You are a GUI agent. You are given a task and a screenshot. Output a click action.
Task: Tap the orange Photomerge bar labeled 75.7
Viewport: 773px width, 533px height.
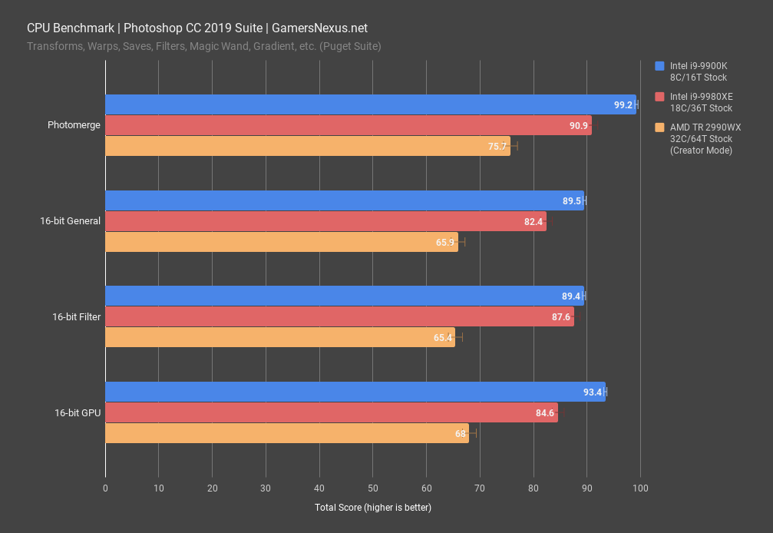pos(307,146)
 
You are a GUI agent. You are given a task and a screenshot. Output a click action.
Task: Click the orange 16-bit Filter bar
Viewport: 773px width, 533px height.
pos(279,337)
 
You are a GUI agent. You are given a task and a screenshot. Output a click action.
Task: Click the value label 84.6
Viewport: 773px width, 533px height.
pos(545,413)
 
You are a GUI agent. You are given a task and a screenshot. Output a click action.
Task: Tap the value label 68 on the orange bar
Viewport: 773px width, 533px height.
pos(460,434)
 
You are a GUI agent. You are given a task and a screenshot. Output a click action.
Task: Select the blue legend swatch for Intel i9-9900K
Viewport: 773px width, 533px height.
pos(659,66)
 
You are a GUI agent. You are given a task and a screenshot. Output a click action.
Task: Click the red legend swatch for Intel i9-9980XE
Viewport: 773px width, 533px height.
pos(659,97)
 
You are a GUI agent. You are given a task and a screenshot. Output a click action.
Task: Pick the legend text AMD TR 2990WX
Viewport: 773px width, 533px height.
pos(705,127)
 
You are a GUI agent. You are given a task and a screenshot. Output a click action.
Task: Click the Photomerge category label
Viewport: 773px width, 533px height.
pos(74,125)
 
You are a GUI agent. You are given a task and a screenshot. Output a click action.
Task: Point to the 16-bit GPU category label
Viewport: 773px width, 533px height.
pos(78,413)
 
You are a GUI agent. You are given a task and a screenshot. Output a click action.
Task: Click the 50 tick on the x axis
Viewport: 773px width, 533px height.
pos(372,488)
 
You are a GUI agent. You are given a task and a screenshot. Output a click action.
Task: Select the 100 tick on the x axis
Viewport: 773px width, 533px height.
pos(640,488)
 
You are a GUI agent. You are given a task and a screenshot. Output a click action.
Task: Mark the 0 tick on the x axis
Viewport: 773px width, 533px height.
pos(105,488)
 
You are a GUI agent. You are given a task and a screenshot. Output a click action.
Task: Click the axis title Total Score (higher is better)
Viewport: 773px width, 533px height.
pos(372,508)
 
